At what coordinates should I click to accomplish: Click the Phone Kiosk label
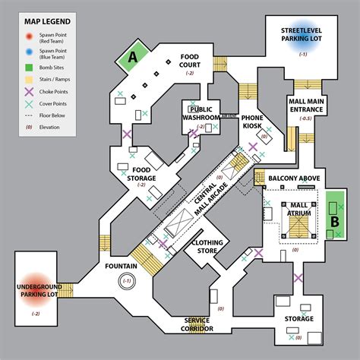[x=252, y=124]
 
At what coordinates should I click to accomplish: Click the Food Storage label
[x=141, y=175]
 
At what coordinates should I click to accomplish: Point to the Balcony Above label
[x=294, y=178]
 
